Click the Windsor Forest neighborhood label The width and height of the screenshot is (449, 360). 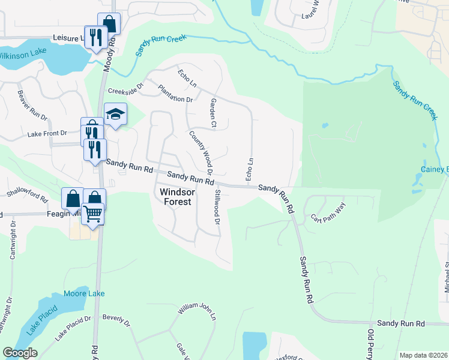coord(175,197)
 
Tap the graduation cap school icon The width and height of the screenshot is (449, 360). coord(115,113)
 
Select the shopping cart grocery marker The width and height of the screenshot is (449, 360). coord(92,214)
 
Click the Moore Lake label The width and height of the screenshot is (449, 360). coord(84,293)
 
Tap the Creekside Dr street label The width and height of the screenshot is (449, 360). coord(126,90)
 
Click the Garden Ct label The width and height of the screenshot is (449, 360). coord(212,113)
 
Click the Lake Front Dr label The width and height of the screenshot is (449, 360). coord(47,133)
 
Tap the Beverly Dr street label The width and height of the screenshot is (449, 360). coord(116,319)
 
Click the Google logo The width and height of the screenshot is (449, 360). coord(20,353)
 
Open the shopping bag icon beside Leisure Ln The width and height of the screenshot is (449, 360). coord(109,24)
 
